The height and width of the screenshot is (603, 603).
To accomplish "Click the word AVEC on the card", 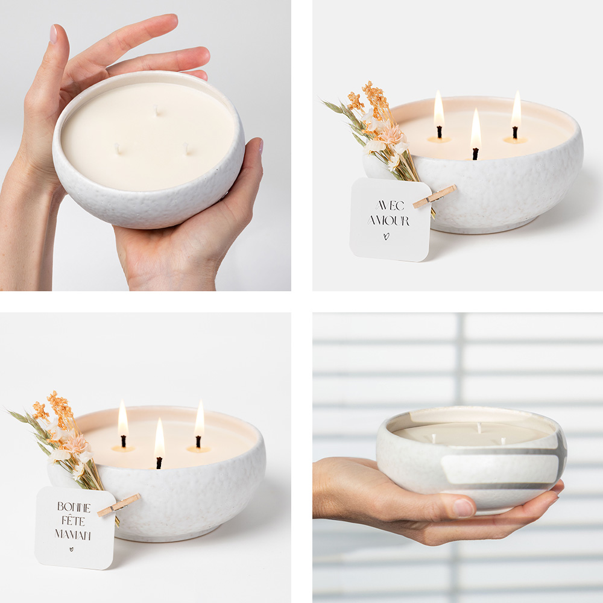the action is coord(390,206).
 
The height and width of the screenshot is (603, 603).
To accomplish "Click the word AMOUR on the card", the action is coord(388,220).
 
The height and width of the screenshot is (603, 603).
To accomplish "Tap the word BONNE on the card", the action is coord(74,507).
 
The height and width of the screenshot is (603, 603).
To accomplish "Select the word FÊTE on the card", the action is coord(73,521).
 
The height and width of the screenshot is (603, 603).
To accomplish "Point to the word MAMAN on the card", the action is coord(73,534).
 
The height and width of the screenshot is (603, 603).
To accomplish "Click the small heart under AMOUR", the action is coord(387,236).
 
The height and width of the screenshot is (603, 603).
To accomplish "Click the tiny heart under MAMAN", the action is coord(71,549).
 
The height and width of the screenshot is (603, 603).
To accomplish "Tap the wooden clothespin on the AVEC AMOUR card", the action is coord(435,197).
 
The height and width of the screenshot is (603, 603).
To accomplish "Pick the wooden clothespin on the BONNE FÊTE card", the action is coord(118,505).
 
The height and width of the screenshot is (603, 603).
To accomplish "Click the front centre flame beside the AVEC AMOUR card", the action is coord(476,129).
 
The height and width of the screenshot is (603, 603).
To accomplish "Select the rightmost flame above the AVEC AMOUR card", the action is coord(516,109).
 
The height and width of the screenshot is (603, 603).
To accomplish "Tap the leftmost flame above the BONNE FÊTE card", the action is coord(123,418).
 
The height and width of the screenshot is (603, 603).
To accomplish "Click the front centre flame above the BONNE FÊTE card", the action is coord(159,438).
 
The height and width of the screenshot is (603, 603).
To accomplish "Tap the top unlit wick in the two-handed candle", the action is coord(157,110).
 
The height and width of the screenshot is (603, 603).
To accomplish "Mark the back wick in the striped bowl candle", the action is coord(479,428).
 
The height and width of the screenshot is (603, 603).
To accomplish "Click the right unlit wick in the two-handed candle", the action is coord(186,148).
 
